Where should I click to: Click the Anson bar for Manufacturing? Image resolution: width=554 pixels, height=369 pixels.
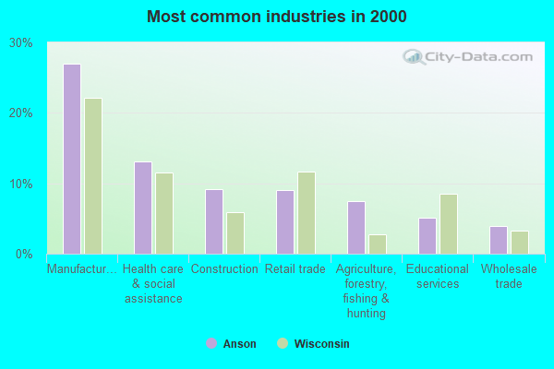click(x=72, y=159)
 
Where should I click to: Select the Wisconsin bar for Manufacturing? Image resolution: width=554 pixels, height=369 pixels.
click(x=93, y=176)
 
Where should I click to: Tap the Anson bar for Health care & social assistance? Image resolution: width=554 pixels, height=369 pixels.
click(x=143, y=208)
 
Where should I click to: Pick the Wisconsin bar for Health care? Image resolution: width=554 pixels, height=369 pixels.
click(x=164, y=213)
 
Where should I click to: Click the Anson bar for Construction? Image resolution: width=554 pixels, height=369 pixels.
click(x=214, y=221)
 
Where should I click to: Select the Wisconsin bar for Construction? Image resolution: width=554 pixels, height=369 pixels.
click(x=235, y=233)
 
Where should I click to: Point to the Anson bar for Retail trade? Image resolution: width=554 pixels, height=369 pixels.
click(x=285, y=222)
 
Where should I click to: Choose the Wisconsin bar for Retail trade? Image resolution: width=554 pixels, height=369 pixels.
click(x=307, y=213)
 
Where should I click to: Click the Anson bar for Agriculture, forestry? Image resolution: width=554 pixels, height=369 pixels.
click(x=356, y=228)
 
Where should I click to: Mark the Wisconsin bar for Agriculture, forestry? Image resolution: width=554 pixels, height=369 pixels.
click(x=378, y=244)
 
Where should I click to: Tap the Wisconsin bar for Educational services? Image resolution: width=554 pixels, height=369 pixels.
click(x=449, y=224)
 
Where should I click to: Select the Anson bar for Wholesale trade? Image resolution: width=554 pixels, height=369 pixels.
click(x=499, y=240)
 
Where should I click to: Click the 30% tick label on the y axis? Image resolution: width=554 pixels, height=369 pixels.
click(x=21, y=43)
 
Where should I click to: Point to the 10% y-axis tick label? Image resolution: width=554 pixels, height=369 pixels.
click(x=21, y=184)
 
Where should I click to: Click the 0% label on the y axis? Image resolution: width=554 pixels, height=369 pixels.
click(x=25, y=254)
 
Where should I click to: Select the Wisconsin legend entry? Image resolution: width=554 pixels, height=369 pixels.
click(x=313, y=344)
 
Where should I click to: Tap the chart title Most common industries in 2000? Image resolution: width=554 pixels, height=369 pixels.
click(x=276, y=17)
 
